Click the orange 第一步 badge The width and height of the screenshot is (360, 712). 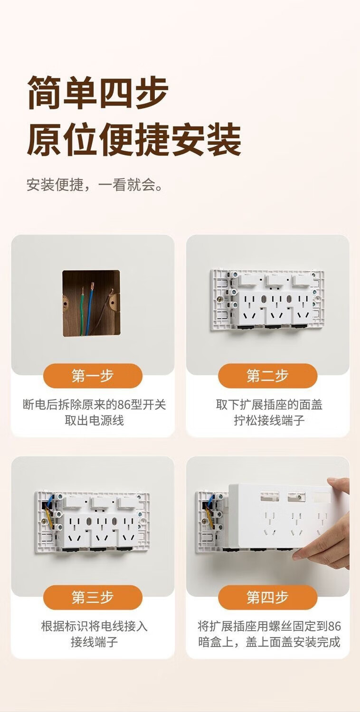[x=93, y=376]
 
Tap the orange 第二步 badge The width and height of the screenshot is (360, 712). [x=267, y=376]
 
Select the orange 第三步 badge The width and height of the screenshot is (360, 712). [x=93, y=597]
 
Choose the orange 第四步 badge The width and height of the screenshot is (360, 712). [x=267, y=597]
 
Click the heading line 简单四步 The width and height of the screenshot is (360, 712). [x=97, y=93]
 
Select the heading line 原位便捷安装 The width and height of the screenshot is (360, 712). [x=134, y=140]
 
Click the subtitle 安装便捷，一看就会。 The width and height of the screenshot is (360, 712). [x=95, y=184]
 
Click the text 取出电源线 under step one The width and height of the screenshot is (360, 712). [x=95, y=420]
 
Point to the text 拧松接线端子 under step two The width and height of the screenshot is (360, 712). [x=269, y=420]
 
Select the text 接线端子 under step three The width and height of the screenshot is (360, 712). [x=95, y=642]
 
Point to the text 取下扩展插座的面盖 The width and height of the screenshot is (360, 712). [x=269, y=405]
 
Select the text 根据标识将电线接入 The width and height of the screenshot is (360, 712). [x=95, y=626]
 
